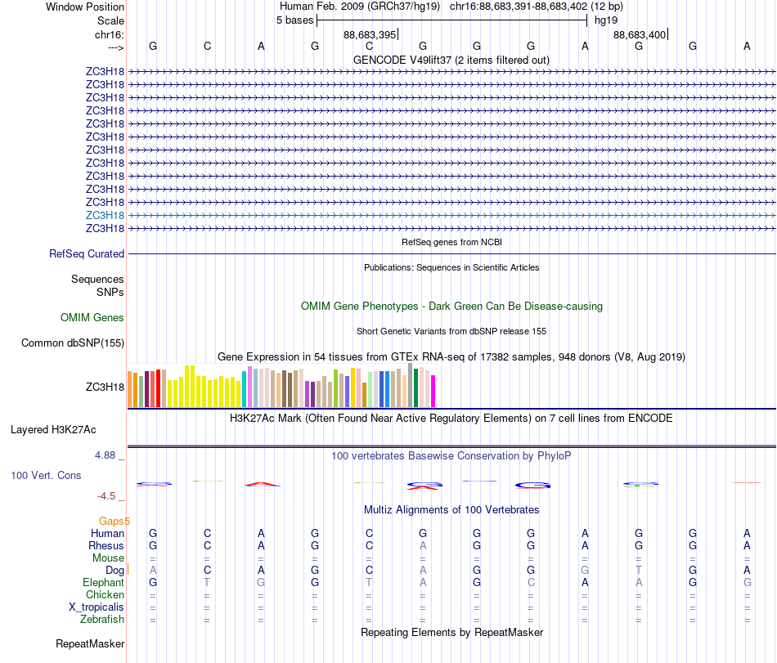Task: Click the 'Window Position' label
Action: (x=85, y=7)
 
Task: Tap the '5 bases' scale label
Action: (x=294, y=20)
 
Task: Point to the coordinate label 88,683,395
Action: (x=370, y=34)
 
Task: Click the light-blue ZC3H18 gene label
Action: (x=105, y=215)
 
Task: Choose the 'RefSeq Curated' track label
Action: (x=87, y=254)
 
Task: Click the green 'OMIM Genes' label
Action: (x=92, y=317)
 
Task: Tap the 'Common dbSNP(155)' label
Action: (x=73, y=343)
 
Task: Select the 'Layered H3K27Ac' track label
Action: (x=53, y=429)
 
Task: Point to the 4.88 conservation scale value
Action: (x=109, y=455)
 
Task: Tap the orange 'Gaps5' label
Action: (x=114, y=521)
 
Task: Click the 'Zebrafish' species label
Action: (x=102, y=620)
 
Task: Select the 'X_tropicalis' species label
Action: (x=97, y=607)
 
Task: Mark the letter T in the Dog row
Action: (x=639, y=570)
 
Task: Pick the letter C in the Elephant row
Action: (x=531, y=583)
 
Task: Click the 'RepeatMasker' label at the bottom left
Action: (x=90, y=644)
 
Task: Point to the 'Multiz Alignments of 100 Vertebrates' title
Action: (x=451, y=510)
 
